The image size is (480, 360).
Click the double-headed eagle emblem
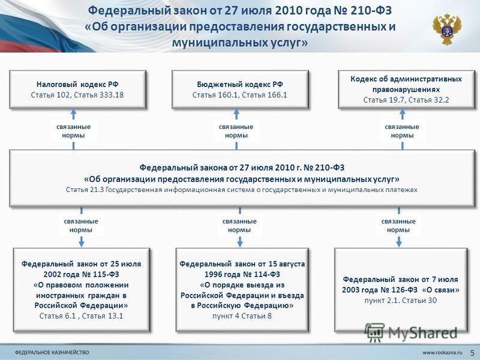[x=447, y=29]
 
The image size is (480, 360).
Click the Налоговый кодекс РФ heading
[x=77, y=84]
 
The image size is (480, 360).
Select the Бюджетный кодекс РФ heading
[x=240, y=84]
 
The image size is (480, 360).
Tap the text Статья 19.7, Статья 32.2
[x=406, y=100]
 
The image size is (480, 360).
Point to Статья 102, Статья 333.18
[x=77, y=95]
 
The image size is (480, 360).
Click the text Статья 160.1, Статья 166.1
[x=240, y=95]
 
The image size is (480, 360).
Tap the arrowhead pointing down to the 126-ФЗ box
[x=398, y=242]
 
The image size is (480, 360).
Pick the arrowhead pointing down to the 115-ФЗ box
[x=82, y=242]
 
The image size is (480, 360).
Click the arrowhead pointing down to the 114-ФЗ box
[x=240, y=242]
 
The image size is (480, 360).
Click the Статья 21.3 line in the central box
[x=242, y=190]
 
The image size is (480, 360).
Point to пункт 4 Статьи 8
[x=242, y=316]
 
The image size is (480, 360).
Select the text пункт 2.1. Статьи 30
[x=400, y=301]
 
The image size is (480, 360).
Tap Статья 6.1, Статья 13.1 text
[x=82, y=316]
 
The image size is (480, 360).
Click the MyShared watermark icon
[x=374, y=332]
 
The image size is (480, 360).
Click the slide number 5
[x=472, y=352]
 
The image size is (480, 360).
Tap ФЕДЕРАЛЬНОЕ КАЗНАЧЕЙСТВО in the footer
[x=52, y=352]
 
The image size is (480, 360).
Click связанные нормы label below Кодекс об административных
[x=402, y=131]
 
